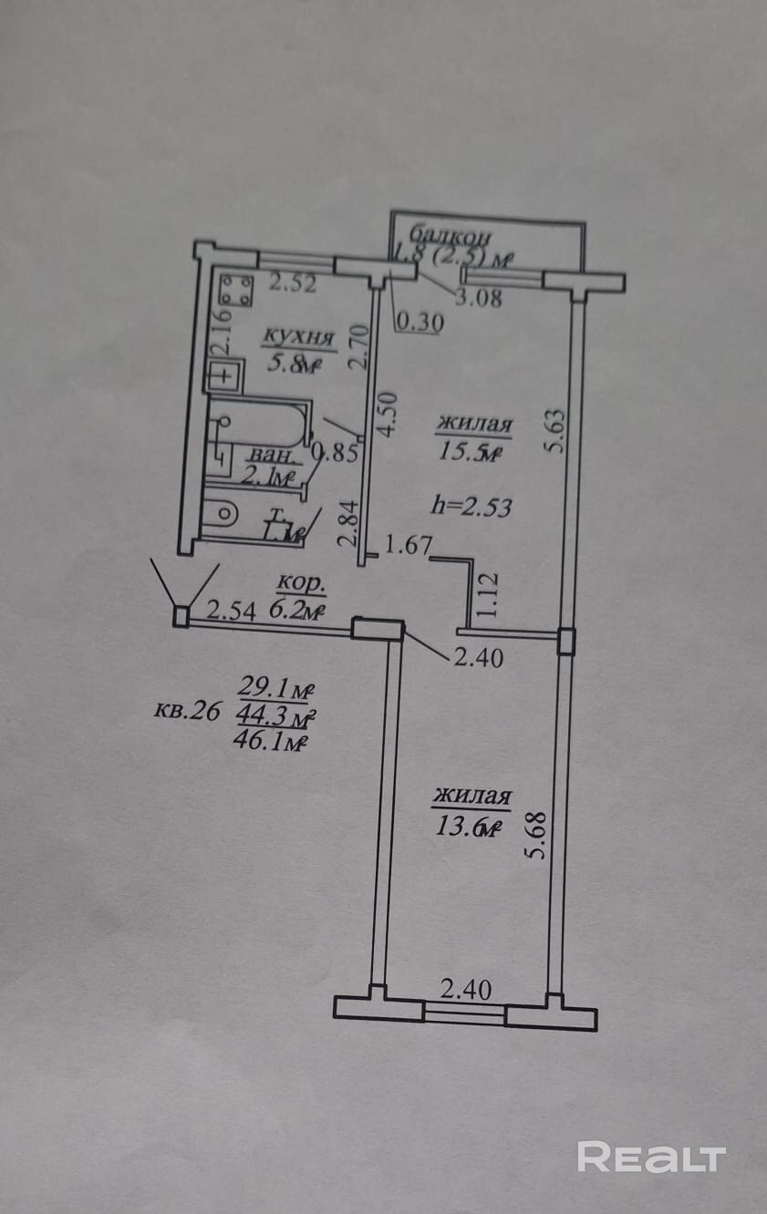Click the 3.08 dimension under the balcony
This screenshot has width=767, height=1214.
click(478, 298)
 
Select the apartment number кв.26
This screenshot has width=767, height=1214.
click(187, 711)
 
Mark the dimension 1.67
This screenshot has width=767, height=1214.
click(408, 546)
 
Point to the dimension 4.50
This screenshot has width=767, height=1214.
click(387, 415)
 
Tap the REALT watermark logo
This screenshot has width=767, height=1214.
click(651, 1157)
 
